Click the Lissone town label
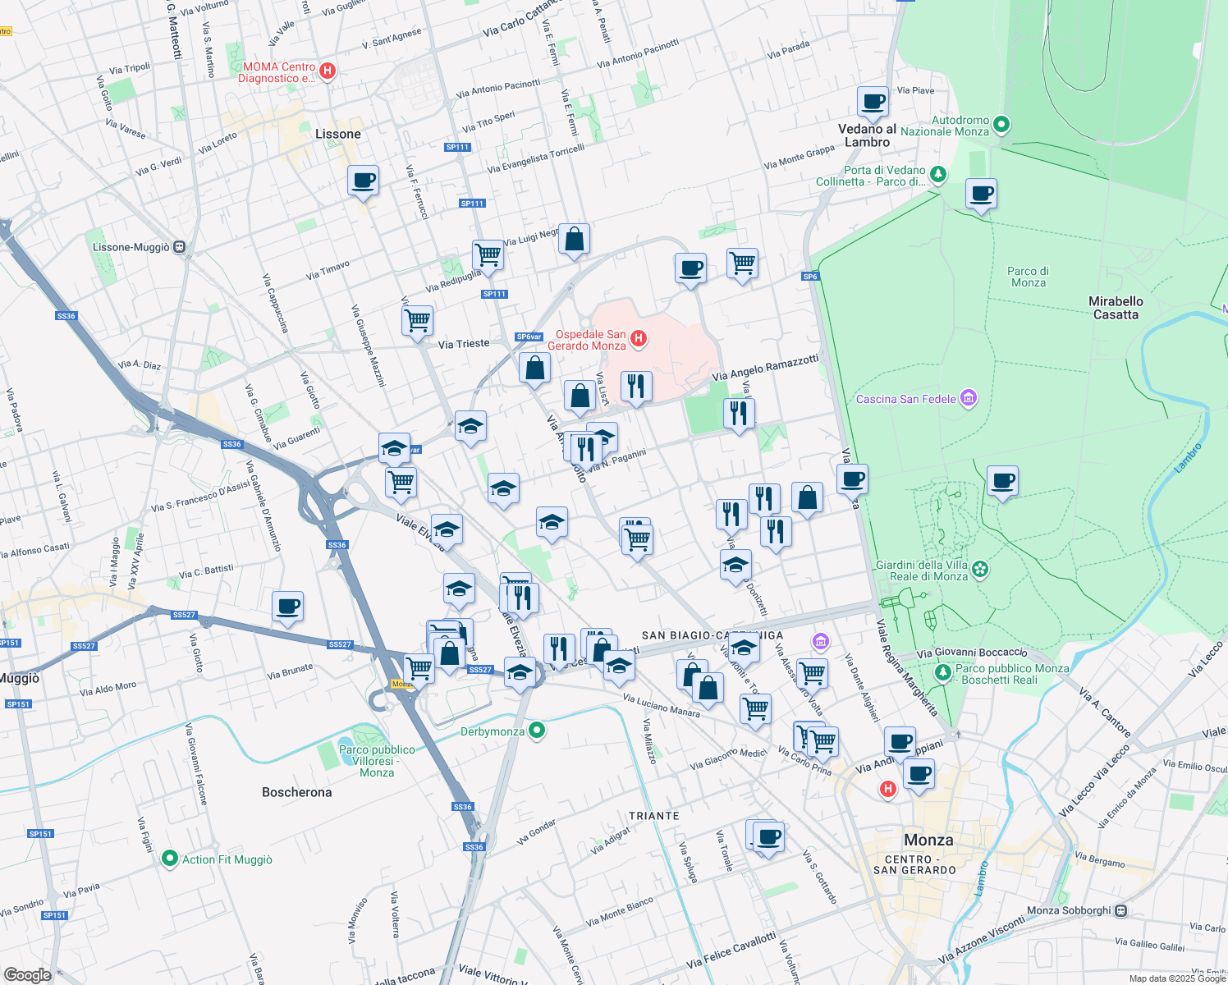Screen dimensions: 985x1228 pos(337,134)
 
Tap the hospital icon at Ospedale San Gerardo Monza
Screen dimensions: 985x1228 pos(638,338)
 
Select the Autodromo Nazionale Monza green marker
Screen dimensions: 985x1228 pos(1001,125)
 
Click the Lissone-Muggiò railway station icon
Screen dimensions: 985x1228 pos(180,247)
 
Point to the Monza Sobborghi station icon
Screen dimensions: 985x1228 pos(1121,910)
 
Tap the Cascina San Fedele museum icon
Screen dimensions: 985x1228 pos(969,399)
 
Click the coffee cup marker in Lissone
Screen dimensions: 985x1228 pos(363,181)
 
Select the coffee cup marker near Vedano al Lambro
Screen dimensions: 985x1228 pos(873,102)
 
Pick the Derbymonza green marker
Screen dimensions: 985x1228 pos(537,730)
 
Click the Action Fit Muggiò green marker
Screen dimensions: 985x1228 pos(170,859)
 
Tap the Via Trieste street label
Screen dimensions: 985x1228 pos(463,344)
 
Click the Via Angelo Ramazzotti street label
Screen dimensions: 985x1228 pos(765,368)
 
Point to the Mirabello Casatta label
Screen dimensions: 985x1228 pos(1116,308)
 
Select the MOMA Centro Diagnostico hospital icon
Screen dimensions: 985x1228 pos(328,71)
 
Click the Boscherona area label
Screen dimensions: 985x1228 pos(296,792)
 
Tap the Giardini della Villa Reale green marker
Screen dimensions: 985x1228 pos(979,569)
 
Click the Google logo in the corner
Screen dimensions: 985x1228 pos(27,974)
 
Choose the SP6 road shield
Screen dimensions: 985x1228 pos(810,277)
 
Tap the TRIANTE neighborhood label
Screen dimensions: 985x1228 pos(653,816)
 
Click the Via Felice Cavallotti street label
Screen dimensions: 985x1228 pos(731,950)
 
